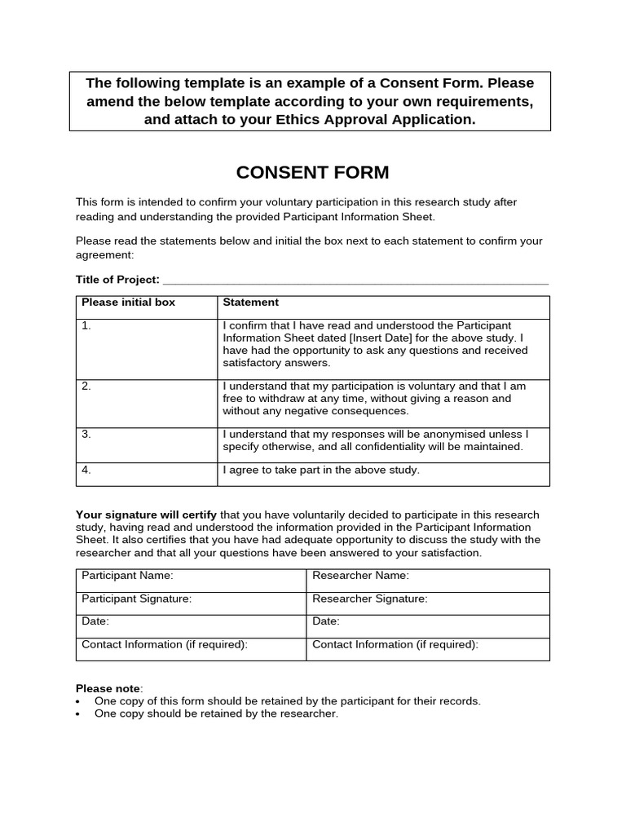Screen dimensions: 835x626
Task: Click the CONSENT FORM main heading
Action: coord(312,173)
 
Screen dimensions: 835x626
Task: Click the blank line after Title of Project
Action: coord(355,281)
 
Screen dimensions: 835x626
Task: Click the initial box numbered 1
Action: coord(148,348)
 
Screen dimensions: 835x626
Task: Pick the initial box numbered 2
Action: coord(148,403)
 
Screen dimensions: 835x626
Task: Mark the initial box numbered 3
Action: coord(148,444)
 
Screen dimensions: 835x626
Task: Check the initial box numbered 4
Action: coord(148,474)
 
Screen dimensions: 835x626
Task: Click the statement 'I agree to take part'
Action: coord(321,470)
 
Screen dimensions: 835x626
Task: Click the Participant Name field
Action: coord(192,580)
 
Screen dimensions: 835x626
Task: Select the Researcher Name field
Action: coord(427,580)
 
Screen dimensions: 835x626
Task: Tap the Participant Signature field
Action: coord(192,603)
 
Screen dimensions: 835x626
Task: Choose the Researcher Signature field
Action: coord(427,603)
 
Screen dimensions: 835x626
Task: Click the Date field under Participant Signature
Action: coord(192,625)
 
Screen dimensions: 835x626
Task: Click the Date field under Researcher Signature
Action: coord(427,625)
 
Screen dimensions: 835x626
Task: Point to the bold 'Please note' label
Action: coord(108,688)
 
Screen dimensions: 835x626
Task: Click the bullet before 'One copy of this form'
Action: coord(78,702)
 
